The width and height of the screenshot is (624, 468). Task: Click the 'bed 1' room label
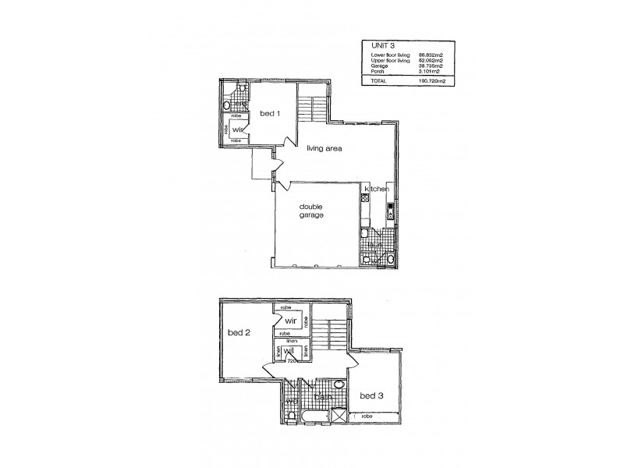coord(270,113)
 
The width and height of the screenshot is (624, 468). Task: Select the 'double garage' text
coord(312,211)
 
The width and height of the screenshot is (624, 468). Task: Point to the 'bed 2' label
coord(238,333)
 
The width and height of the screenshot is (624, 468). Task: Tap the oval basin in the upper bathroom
coord(339,385)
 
